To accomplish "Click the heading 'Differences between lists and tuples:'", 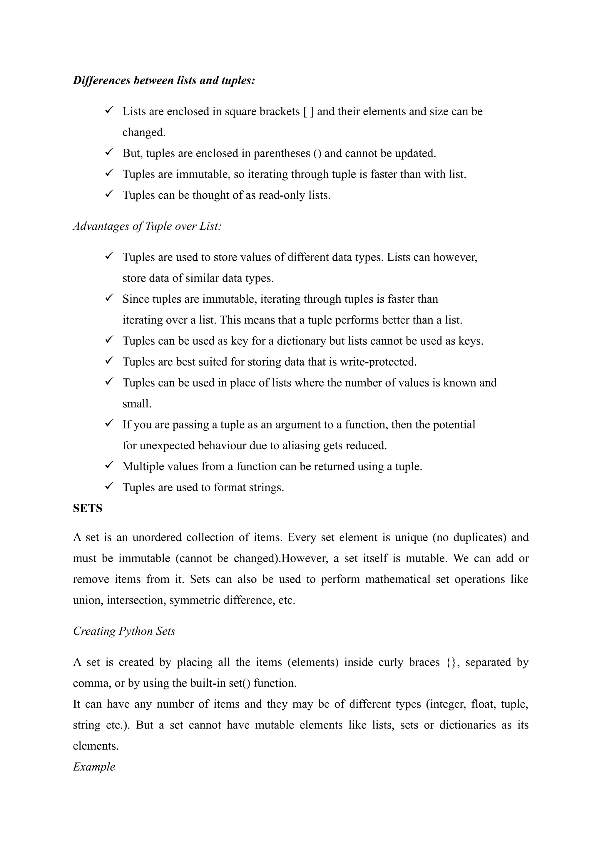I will pyautogui.click(x=164, y=81).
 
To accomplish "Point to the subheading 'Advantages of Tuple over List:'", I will pyautogui.click(x=147, y=226).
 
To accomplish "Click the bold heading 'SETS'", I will pyautogui.click(x=88, y=508).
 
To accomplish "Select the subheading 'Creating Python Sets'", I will pyautogui.click(x=124, y=631).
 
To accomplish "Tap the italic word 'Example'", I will pyautogui.click(x=94, y=766).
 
